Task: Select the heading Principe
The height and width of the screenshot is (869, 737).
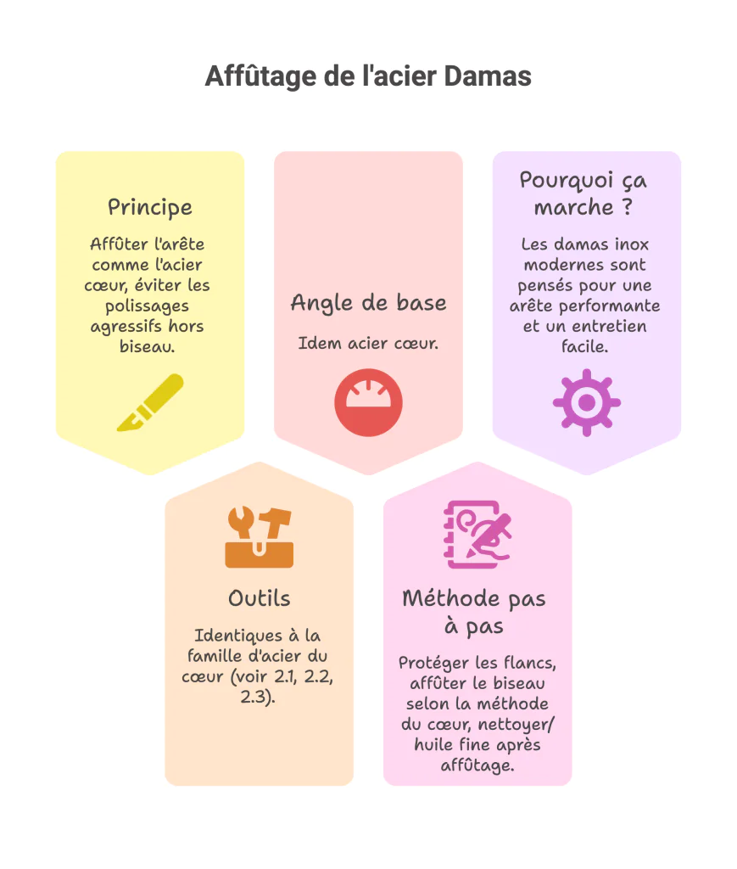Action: (x=150, y=207)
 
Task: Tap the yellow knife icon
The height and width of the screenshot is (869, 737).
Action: (x=150, y=402)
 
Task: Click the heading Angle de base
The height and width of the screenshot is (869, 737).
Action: (x=368, y=303)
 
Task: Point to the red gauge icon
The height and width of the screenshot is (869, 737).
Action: (x=368, y=402)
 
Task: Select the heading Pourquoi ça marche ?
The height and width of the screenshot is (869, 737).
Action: (x=586, y=193)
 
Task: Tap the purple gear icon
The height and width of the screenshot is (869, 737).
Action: (x=586, y=402)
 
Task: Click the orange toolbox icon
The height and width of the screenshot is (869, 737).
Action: (x=259, y=536)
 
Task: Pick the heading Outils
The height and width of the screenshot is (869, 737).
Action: (x=259, y=598)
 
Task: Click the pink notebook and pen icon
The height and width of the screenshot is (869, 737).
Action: (x=477, y=535)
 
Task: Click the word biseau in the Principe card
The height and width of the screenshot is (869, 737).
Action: (x=149, y=346)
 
